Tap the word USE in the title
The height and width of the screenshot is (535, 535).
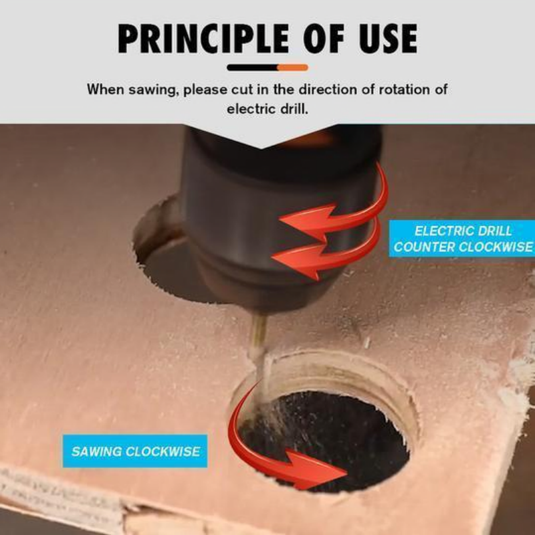click(x=388, y=38)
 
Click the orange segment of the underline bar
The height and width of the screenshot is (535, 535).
click(x=293, y=68)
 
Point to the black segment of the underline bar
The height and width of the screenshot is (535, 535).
click(x=253, y=68)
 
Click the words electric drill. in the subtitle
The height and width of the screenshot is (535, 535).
click(x=267, y=109)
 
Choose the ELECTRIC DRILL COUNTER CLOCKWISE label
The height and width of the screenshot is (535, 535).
click(x=462, y=239)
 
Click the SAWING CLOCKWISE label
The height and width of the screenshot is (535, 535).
click(x=135, y=451)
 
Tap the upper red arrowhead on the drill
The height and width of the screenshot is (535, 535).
click(x=307, y=220)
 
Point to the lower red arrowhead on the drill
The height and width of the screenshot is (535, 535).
click(x=300, y=259)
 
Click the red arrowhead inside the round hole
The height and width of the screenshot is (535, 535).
click(x=316, y=470)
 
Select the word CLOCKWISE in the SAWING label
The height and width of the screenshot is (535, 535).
click(x=163, y=451)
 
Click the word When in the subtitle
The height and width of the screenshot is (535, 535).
click(x=106, y=90)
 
